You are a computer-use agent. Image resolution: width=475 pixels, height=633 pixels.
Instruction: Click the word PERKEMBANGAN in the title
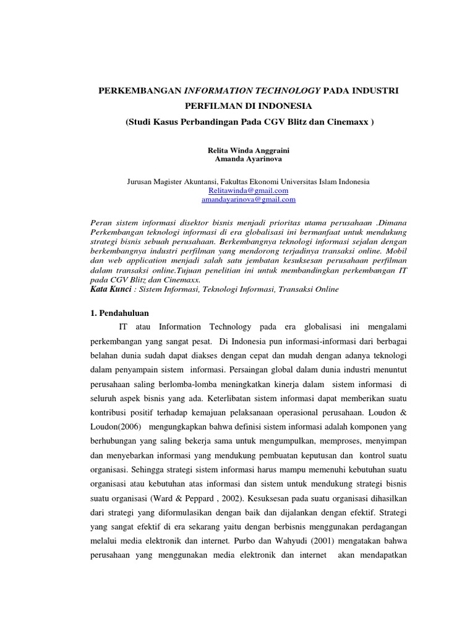[140, 91]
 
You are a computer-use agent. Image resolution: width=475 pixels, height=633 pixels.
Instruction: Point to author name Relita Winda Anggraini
[248, 150]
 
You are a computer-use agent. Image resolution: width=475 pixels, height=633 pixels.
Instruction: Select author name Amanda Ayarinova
[248, 159]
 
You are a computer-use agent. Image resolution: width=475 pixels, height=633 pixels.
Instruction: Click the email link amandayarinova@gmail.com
[248, 200]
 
